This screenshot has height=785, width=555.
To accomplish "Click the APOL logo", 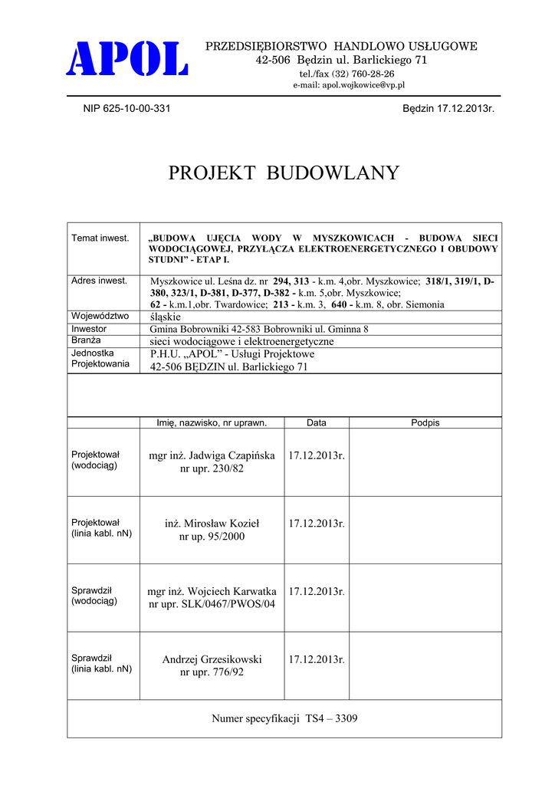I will [129, 60].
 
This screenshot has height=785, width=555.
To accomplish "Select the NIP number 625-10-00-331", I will [126, 109].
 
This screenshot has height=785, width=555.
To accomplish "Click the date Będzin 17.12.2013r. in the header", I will [448, 109].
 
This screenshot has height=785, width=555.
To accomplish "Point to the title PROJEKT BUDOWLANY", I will [284, 173].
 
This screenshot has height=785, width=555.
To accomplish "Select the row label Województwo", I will [100, 316].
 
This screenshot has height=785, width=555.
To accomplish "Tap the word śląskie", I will [166, 317].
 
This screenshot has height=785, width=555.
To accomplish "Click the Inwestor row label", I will [89, 329].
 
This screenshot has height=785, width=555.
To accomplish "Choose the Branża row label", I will [87, 340].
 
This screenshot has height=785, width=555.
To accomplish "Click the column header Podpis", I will [425, 422].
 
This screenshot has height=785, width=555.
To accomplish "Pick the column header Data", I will [316, 422].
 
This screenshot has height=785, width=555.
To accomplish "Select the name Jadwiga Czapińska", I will [232, 455].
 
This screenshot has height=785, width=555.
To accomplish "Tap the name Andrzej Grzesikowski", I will [212, 659].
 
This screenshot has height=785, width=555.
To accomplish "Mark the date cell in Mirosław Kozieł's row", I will [317, 524].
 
